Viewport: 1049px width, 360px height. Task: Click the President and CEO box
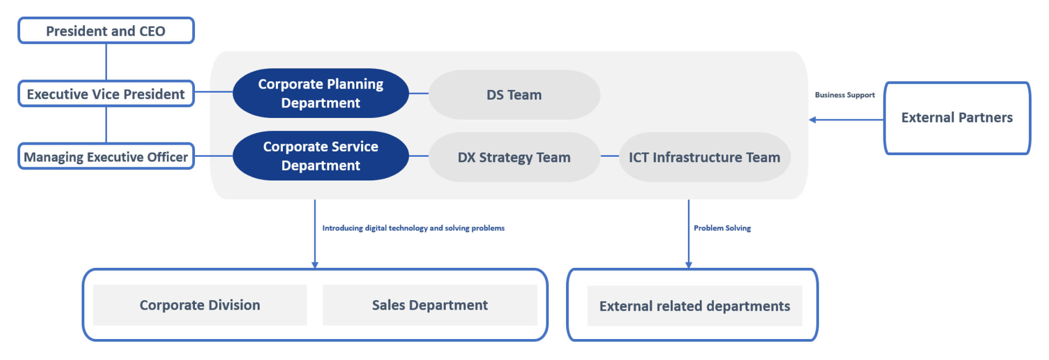106,31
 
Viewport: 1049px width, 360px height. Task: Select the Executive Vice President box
106,93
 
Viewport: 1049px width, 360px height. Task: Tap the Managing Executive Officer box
106,156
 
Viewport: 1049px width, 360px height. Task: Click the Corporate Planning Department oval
321,93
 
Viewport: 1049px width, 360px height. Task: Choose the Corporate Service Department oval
321,156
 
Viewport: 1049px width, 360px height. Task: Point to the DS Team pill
514,95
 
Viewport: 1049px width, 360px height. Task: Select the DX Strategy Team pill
514,157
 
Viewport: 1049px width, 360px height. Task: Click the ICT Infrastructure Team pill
705,157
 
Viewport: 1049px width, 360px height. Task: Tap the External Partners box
957,118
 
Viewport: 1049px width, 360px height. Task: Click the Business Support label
845,95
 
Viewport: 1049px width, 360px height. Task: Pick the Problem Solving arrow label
722,228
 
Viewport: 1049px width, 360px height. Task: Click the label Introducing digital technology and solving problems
413,228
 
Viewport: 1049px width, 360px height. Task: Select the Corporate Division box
200,305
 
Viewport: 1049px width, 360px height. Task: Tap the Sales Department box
430,305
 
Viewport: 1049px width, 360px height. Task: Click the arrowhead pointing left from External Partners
812,120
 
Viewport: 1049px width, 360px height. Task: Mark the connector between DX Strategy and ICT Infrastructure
610,156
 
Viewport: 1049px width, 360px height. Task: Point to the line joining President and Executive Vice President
106,62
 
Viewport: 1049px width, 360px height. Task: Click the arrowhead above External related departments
689,265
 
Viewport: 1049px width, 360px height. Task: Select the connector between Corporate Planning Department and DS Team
419,93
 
